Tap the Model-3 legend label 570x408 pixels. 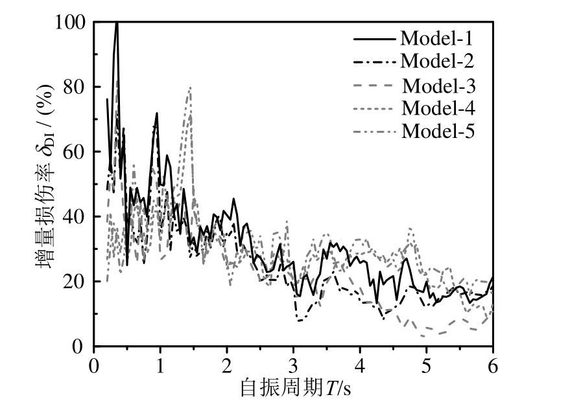(439, 85)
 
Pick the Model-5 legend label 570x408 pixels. (439, 131)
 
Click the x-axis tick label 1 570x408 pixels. (161, 363)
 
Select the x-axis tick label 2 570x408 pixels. (228, 363)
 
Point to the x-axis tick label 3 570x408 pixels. (294, 363)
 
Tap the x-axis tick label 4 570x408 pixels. (361, 363)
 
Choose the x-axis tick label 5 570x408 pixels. (427, 363)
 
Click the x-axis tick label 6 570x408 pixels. (493, 363)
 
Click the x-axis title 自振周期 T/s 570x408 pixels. (295, 388)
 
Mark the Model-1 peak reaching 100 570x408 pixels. (117, 24)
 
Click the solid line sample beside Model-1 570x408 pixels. (375, 38)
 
